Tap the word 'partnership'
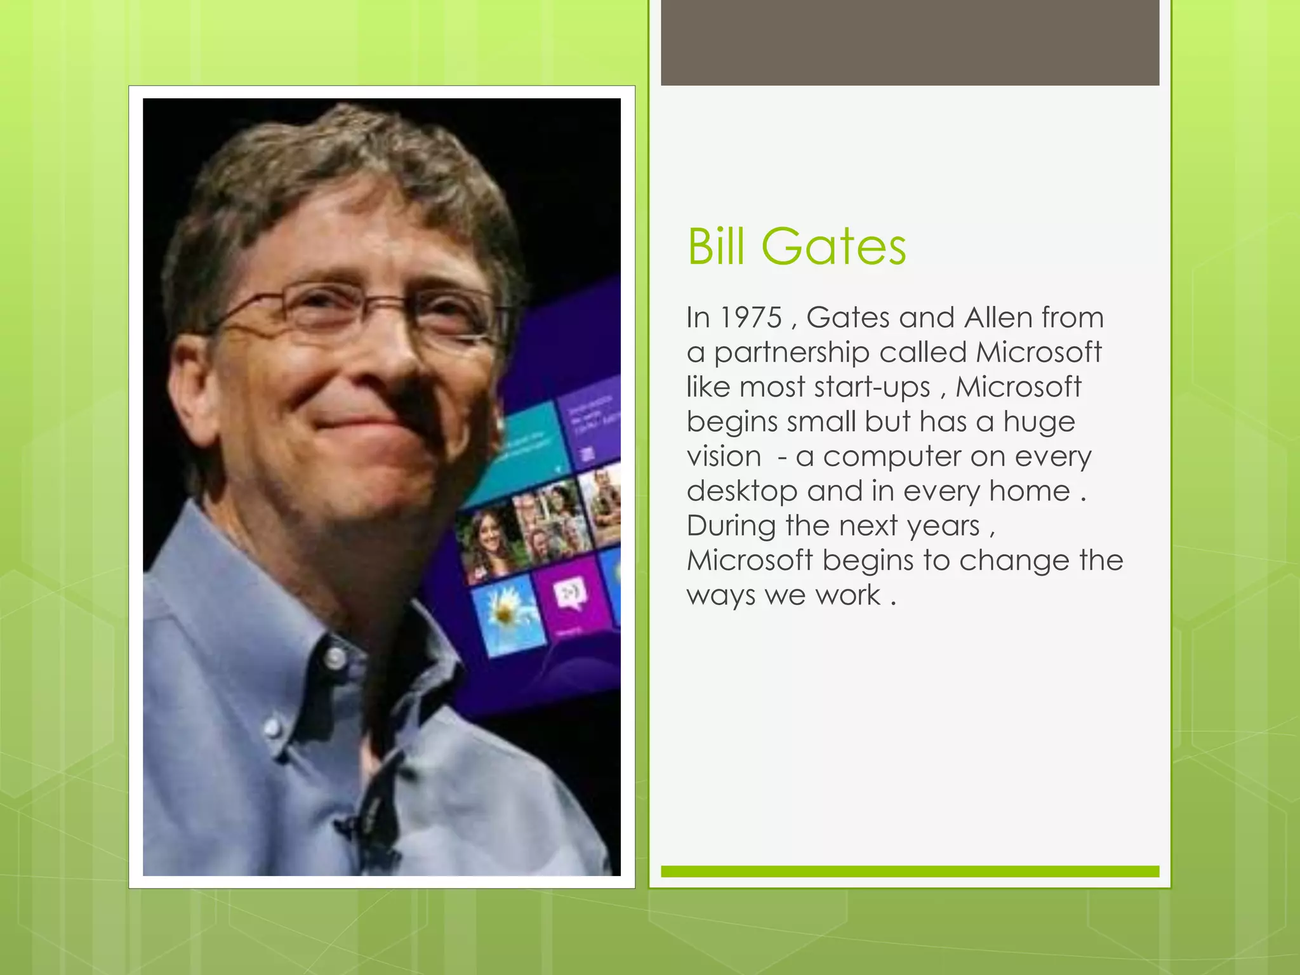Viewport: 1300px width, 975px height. click(x=791, y=353)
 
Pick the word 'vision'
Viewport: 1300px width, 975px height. click(x=724, y=456)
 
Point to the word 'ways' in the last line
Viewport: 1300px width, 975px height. click(x=720, y=596)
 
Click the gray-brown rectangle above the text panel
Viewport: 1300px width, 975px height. click(x=910, y=42)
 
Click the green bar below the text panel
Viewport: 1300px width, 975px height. click(x=910, y=872)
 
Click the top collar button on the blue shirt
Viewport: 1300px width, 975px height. click(x=335, y=658)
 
